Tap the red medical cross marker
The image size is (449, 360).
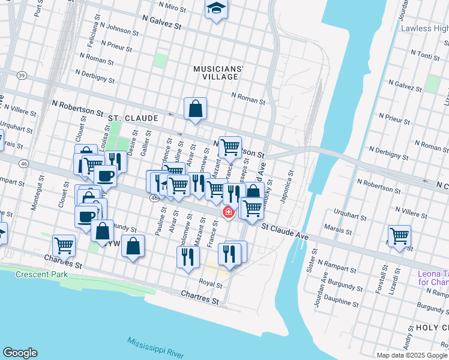(x=228, y=212)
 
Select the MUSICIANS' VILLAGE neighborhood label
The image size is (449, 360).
(x=218, y=73)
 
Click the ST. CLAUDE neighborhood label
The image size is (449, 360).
(x=133, y=119)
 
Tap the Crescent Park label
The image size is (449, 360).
(x=41, y=274)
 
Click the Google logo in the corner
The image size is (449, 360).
(x=20, y=353)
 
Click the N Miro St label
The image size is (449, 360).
(x=172, y=7)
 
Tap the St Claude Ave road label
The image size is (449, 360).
(x=285, y=232)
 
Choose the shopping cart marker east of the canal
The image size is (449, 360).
(x=399, y=235)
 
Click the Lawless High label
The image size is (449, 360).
(x=424, y=28)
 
